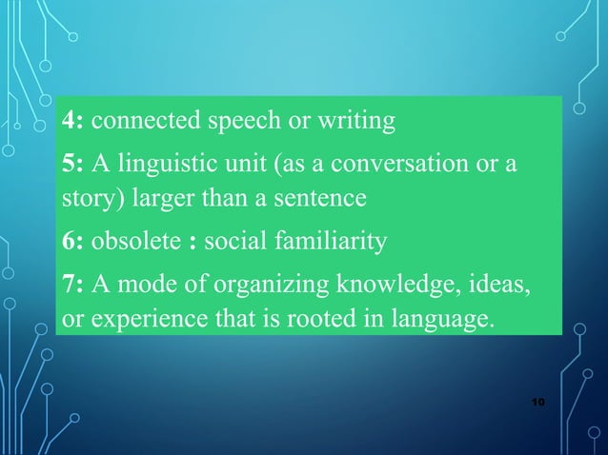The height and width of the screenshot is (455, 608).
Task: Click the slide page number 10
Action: point(538,406)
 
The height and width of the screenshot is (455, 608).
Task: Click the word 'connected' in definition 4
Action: point(140,122)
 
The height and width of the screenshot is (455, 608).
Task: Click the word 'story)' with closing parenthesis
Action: point(91,201)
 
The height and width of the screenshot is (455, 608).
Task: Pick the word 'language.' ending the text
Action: point(447,318)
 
